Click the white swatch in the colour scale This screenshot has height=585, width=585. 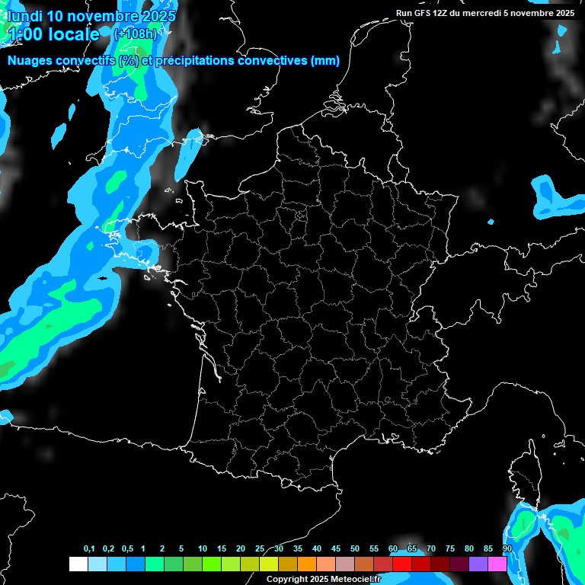[x=78, y=564]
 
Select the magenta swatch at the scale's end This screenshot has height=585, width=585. [x=497, y=564]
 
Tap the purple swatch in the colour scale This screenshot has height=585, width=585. [x=478, y=564]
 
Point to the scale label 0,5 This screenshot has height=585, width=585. [x=126, y=549]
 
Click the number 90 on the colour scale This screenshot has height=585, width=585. [x=507, y=549]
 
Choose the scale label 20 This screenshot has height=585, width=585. [x=241, y=549]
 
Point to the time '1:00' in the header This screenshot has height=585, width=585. [x=26, y=34]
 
